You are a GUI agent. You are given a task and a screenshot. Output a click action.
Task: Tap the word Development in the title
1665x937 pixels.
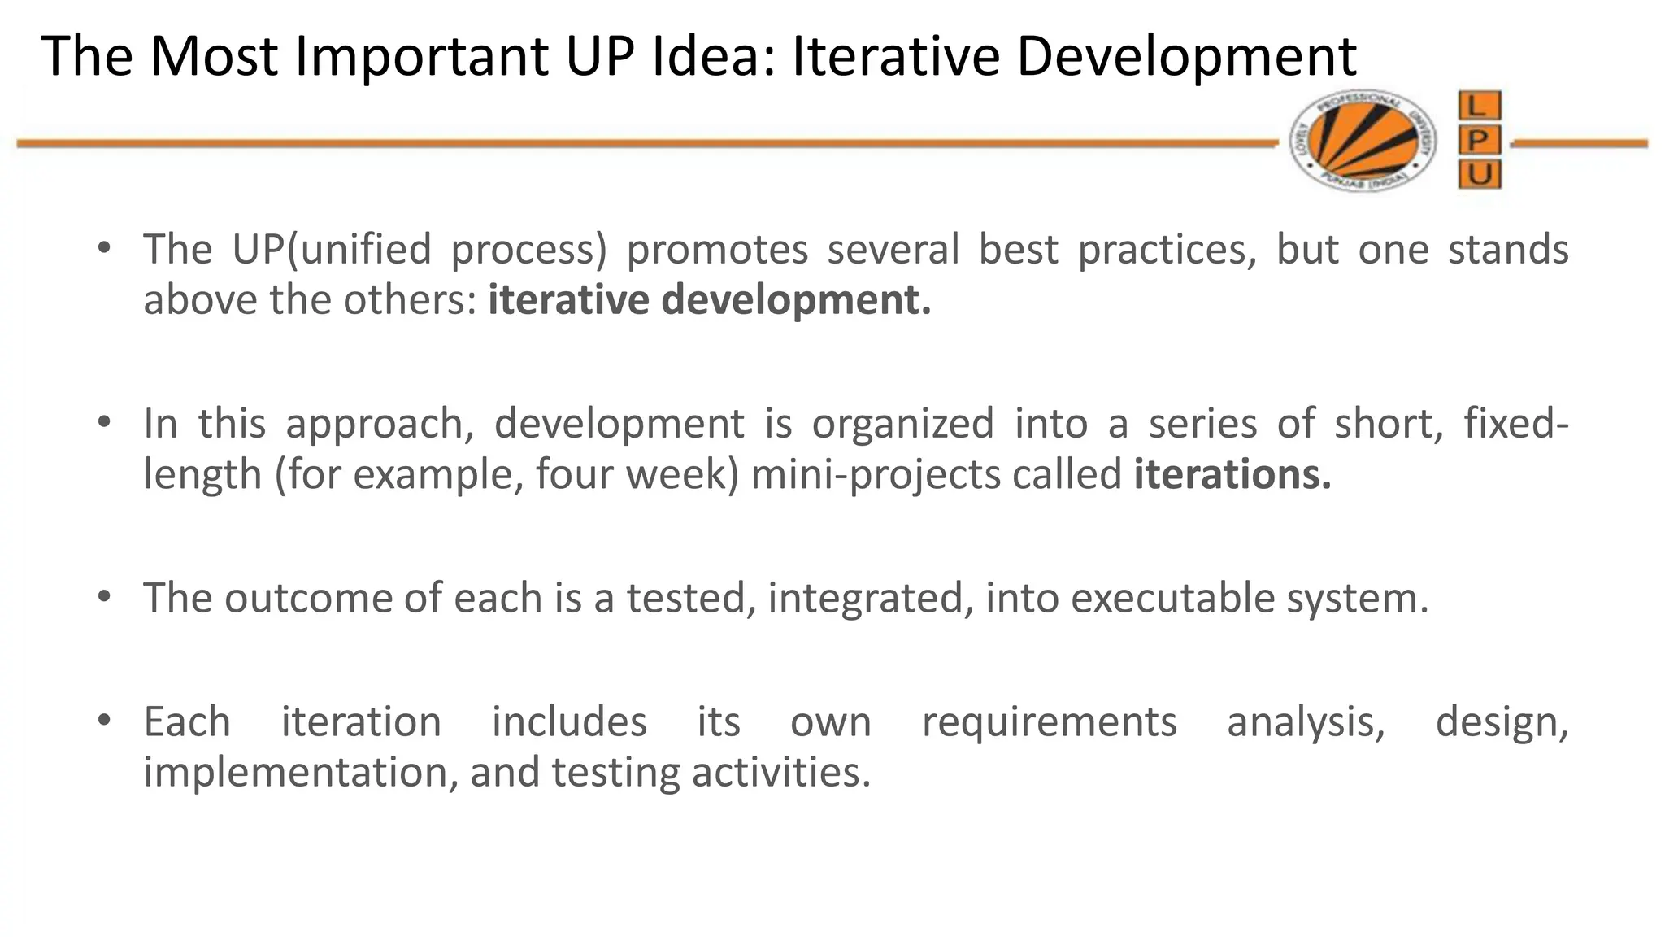(1186, 57)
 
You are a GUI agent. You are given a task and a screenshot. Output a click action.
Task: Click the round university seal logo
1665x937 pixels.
(1362, 141)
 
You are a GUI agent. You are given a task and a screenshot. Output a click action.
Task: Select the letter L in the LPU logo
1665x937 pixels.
(1479, 106)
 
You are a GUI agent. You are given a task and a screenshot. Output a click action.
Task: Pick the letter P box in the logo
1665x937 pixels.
(1479, 141)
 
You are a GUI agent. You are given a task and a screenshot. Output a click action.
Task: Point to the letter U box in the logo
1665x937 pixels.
(1479, 174)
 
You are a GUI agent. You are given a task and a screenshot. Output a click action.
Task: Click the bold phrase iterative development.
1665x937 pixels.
(709, 299)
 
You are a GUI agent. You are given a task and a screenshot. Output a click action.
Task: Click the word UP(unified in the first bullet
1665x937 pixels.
(332, 249)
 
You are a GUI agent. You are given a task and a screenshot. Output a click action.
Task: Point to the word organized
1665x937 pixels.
(902, 424)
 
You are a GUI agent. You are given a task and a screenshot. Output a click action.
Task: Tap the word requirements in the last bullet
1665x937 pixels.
(1049, 722)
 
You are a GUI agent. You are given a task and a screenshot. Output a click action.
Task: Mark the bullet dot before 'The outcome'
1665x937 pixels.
(103, 596)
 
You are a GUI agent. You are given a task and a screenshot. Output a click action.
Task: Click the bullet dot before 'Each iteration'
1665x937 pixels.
(103, 721)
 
